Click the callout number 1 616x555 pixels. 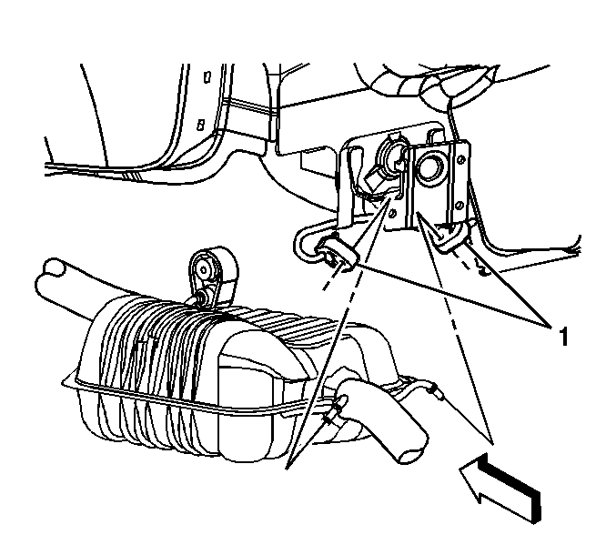(x=563, y=337)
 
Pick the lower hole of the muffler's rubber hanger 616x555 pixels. (x=204, y=297)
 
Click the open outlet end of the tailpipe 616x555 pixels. (x=411, y=457)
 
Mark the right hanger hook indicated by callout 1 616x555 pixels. (x=452, y=236)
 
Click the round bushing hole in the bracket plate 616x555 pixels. (x=431, y=166)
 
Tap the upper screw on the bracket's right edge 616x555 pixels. (x=461, y=159)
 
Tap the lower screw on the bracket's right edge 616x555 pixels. (x=459, y=206)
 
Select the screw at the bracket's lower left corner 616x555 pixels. (x=392, y=214)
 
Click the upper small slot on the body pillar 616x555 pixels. (x=207, y=77)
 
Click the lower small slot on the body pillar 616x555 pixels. (x=200, y=125)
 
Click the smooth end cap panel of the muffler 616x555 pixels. (x=245, y=412)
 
